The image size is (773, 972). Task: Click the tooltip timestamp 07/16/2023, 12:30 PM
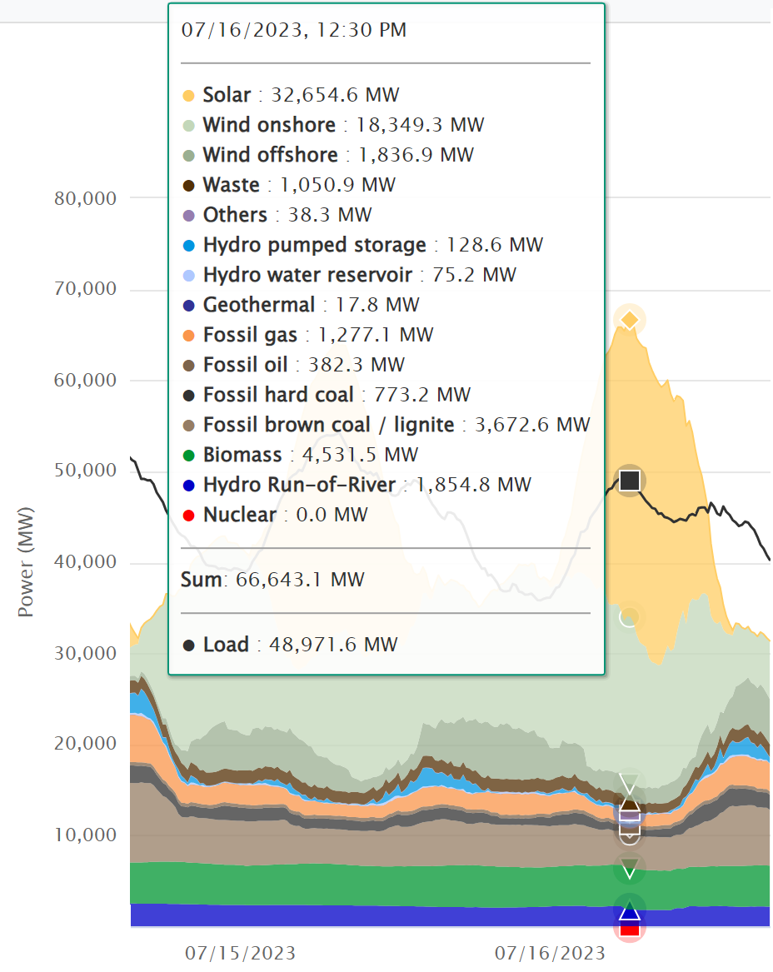click(x=294, y=31)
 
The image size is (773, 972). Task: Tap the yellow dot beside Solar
click(x=188, y=95)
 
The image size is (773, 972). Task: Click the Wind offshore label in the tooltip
click(x=270, y=155)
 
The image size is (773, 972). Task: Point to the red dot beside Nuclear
click(x=188, y=515)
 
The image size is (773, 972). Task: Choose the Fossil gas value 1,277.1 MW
click(x=370, y=335)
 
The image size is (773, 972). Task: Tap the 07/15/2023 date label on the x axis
click(x=240, y=952)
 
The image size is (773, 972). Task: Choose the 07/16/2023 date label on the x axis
click(x=550, y=952)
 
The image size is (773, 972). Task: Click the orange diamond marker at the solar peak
click(x=631, y=319)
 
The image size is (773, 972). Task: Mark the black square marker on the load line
click(x=630, y=480)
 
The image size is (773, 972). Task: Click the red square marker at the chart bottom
click(x=630, y=927)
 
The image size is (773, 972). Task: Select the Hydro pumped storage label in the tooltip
click(x=314, y=245)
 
